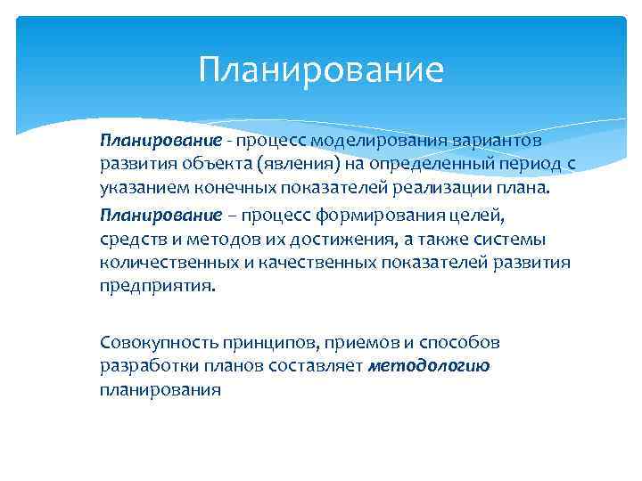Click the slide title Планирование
321,69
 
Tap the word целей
455,215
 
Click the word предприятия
156,287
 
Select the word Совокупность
152,342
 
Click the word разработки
143,366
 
